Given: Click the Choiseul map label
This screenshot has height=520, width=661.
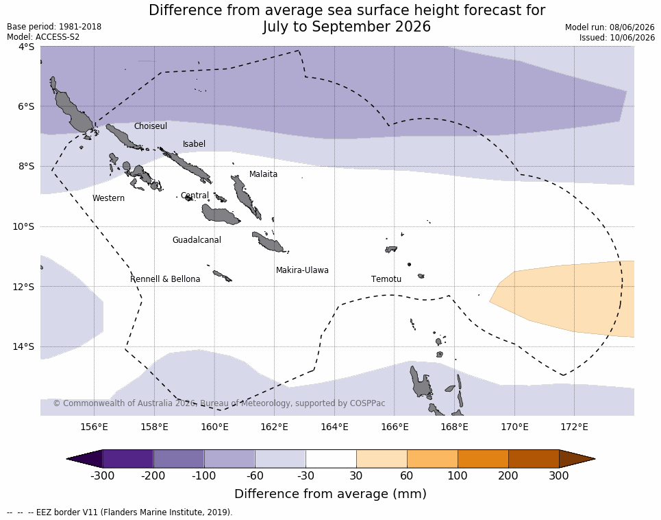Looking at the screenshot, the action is click(151, 126).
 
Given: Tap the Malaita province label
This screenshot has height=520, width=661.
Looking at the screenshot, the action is click(263, 174).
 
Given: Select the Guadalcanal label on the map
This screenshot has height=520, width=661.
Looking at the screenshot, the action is click(197, 239).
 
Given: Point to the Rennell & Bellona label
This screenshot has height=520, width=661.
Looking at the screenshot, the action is click(165, 279).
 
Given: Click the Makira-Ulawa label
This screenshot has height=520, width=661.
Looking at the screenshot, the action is click(302, 270).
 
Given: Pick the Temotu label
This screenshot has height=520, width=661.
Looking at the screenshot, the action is click(386, 279).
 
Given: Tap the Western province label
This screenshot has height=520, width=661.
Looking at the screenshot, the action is click(108, 198).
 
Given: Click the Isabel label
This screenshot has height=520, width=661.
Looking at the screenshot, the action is click(194, 144).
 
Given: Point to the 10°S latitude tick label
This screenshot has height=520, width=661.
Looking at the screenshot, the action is click(23, 226).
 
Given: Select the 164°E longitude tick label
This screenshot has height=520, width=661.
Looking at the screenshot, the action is click(335, 427).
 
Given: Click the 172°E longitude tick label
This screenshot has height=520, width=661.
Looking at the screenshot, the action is click(575, 427).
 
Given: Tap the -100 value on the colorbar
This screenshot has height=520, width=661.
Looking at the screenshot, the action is click(203, 475).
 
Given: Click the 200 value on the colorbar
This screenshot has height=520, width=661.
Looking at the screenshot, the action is click(508, 475).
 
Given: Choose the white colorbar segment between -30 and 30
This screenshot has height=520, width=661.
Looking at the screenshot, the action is click(331, 459).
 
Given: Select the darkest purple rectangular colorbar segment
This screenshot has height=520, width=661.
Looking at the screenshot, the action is click(127, 459).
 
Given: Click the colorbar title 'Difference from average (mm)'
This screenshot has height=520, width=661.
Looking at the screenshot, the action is click(330, 494).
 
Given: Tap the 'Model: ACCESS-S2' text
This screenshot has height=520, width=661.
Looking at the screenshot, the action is click(43, 37).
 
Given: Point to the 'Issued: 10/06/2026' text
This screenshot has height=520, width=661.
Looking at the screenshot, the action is click(617, 37).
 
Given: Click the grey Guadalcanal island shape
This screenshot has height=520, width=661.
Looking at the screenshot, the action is click(221, 214).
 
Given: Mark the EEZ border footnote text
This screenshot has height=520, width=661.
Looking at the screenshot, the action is click(119, 512).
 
